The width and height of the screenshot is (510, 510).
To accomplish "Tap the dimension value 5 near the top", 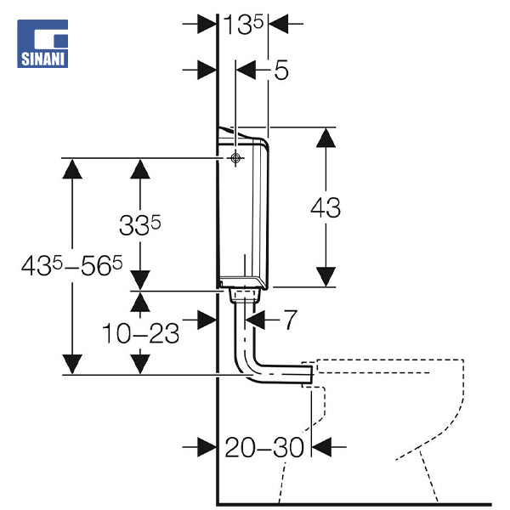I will (280, 70).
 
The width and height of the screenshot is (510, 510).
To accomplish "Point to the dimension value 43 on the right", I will (325, 207).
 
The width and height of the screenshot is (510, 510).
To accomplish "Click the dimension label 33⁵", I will (140, 225).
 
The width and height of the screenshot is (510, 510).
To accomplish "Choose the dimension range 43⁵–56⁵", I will (72, 266).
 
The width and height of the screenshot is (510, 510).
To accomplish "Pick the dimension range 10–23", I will (141, 333).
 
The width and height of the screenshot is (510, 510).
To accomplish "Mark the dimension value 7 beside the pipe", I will (289, 320).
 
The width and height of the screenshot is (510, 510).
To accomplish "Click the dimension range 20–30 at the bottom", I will (264, 447).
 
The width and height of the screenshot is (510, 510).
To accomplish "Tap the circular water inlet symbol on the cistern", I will (235, 158).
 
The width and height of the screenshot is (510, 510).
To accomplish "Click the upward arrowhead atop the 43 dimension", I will (326, 138).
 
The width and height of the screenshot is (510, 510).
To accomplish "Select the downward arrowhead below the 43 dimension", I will (326, 277).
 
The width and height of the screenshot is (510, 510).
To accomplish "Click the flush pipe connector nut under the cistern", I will (244, 296).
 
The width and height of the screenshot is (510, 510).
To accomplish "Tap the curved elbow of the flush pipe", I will (249, 361).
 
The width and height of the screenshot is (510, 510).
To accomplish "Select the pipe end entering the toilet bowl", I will (308, 371).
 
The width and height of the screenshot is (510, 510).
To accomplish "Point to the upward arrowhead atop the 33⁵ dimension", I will (140, 167).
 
